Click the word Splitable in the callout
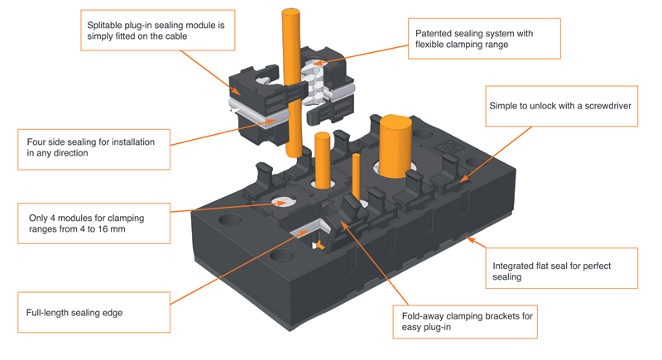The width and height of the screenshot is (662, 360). coord(104,26)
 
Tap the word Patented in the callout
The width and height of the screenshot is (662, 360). coord(433,33)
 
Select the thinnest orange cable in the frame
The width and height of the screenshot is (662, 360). coord(356,176)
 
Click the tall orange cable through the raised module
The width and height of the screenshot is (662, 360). coord(292,82)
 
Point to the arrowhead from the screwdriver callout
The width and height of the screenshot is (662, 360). coord(463,179)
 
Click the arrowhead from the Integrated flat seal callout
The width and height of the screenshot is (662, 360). coord(470,240)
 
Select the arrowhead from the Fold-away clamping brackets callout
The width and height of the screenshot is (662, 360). coord(344,223)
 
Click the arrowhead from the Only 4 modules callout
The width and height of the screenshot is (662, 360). coord(281,204)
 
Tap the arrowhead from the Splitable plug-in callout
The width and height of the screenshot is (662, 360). coord(237,90)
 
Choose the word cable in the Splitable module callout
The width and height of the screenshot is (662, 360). coord(176,36)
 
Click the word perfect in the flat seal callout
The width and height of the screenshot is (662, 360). coord(596,266)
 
